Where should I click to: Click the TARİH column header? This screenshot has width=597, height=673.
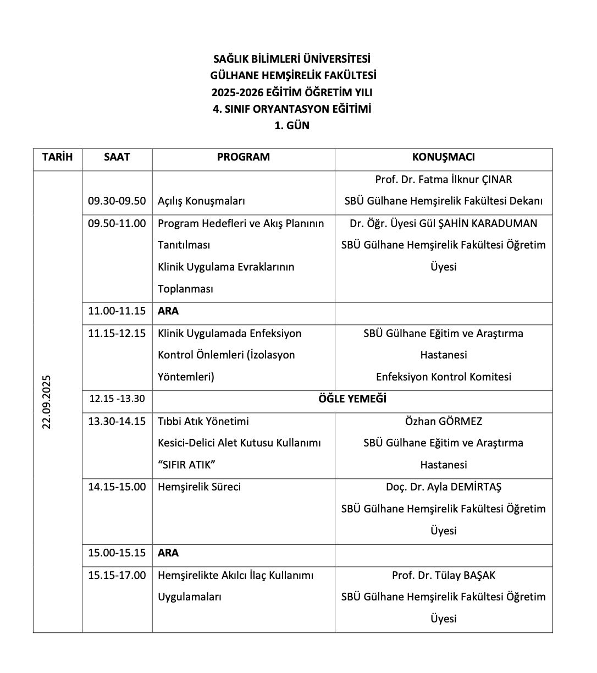[57, 157]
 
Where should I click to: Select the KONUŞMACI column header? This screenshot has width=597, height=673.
[443, 157]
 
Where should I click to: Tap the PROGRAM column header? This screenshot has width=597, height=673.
[243, 157]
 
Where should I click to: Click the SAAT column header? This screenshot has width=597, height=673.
[117, 157]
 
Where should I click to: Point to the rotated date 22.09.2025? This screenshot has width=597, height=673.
[47, 401]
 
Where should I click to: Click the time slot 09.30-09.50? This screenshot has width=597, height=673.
[117, 201]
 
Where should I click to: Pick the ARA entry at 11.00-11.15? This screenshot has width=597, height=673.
[168, 311]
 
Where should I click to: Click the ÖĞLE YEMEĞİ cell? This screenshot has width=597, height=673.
[352, 399]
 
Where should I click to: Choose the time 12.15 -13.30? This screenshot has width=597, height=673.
[117, 399]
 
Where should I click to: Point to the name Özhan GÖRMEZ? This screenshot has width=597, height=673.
[443, 421]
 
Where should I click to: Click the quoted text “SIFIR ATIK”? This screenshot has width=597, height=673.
[186, 465]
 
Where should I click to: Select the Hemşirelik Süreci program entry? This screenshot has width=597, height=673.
[199, 487]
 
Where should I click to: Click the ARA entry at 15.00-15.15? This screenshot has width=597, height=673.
[168, 553]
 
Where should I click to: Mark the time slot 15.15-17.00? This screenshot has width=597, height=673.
[117, 575]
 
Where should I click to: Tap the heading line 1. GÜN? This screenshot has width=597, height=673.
[292, 125]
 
